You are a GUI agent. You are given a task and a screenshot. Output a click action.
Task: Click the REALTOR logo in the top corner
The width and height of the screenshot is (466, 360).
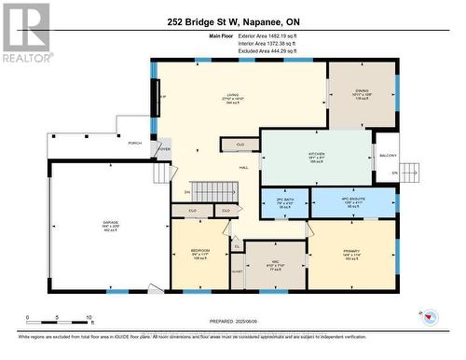(x=25, y=32)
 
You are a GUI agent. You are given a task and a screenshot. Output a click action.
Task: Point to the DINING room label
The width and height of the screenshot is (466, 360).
(x=362, y=95)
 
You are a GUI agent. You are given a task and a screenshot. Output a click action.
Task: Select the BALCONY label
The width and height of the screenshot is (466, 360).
(x=387, y=155)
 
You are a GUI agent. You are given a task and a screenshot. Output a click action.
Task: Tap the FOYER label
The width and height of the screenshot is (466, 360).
(x=164, y=148)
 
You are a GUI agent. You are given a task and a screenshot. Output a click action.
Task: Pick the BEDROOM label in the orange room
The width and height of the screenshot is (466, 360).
(x=199, y=253)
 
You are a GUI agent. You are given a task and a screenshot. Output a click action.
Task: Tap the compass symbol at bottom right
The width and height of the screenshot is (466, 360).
(x=431, y=315)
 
